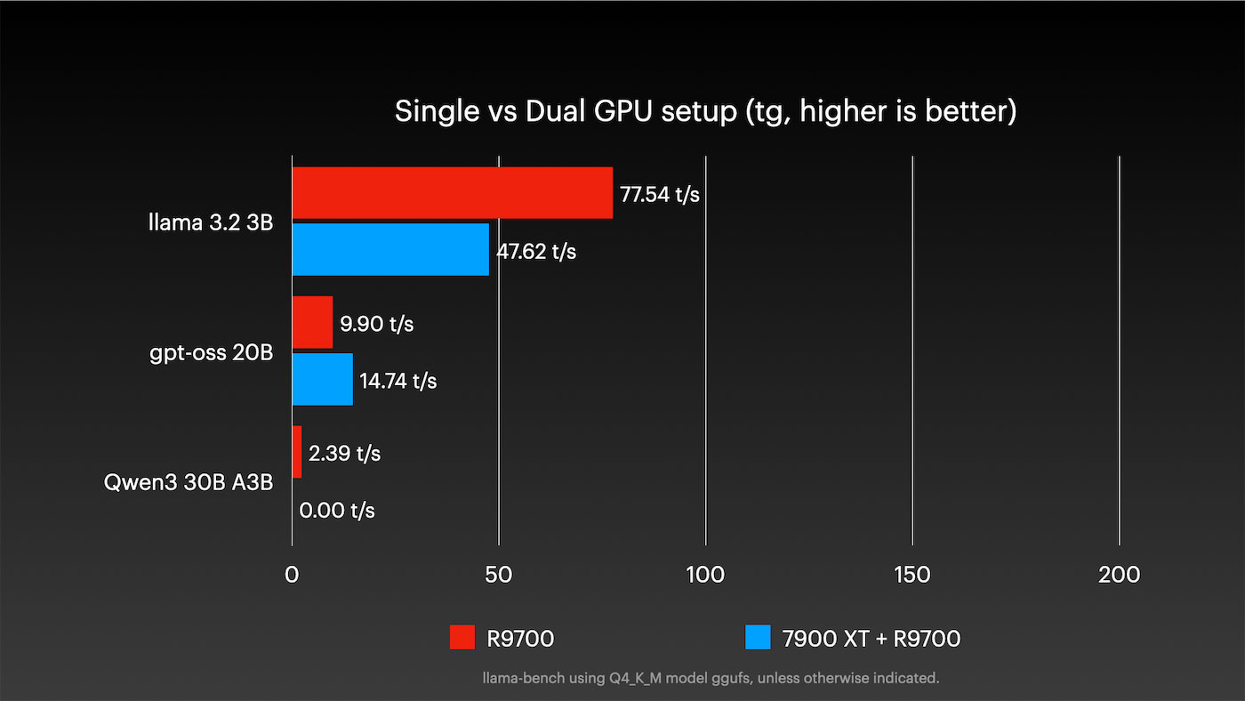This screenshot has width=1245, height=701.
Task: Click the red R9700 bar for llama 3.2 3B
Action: pos(452,193)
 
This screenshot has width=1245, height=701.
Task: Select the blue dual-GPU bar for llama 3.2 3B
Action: pos(390,250)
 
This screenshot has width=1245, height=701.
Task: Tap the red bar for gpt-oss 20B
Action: pos(312,323)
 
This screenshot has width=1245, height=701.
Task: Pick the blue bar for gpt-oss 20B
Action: pos(322,380)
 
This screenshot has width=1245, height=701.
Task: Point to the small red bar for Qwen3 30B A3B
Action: pos(297,452)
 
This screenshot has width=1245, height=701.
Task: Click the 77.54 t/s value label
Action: pos(660,195)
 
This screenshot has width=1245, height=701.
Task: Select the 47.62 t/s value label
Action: pos(536,252)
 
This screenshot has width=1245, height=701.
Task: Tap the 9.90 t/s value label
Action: pos(377,324)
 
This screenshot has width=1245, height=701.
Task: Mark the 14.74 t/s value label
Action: pos(398,382)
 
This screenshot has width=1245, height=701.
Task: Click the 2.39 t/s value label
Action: pos(344,454)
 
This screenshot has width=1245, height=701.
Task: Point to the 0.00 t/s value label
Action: pos(337,511)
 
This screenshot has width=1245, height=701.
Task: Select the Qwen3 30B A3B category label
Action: pos(189,483)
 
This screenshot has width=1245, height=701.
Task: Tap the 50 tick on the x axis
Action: pos(499,575)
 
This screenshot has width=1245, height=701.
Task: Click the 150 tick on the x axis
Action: pos(912,575)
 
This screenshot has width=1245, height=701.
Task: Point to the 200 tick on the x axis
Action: pos(1119,575)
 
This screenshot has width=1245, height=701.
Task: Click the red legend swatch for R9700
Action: pos(462,638)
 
